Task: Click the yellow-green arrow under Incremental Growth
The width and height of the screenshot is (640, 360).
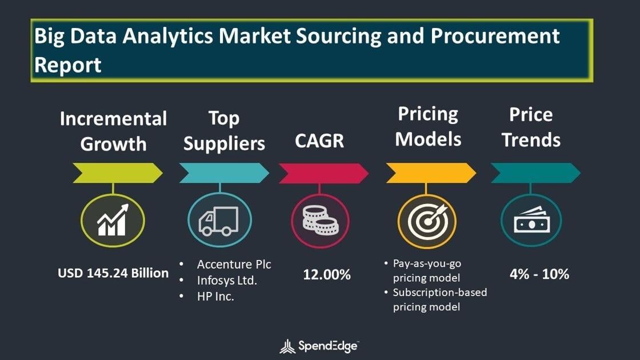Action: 118,173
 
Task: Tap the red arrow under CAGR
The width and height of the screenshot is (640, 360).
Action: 323,173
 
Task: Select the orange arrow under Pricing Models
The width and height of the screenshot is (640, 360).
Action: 431,173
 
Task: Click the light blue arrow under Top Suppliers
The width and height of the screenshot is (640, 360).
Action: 224,173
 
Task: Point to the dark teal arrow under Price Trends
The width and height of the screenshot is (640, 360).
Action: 535,173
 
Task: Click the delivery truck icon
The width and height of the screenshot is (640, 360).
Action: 219,221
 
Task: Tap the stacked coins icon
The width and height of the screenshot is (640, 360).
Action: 321,221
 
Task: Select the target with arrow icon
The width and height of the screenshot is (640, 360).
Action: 427,221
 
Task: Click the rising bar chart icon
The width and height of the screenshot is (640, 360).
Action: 113,220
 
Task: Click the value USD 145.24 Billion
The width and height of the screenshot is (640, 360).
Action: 113,273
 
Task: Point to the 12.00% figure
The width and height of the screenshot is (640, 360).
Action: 326,274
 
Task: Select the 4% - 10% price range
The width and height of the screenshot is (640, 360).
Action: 539,274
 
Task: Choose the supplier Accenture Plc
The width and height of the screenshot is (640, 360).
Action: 234,265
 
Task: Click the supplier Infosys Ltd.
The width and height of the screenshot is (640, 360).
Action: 227,281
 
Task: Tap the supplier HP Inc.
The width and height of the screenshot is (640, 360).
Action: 215,297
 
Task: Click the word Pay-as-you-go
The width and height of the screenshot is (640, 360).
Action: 427,263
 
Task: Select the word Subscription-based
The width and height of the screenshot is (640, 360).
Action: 440,292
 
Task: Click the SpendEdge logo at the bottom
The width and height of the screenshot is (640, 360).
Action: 319,346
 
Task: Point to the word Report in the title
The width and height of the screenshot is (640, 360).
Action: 68,66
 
